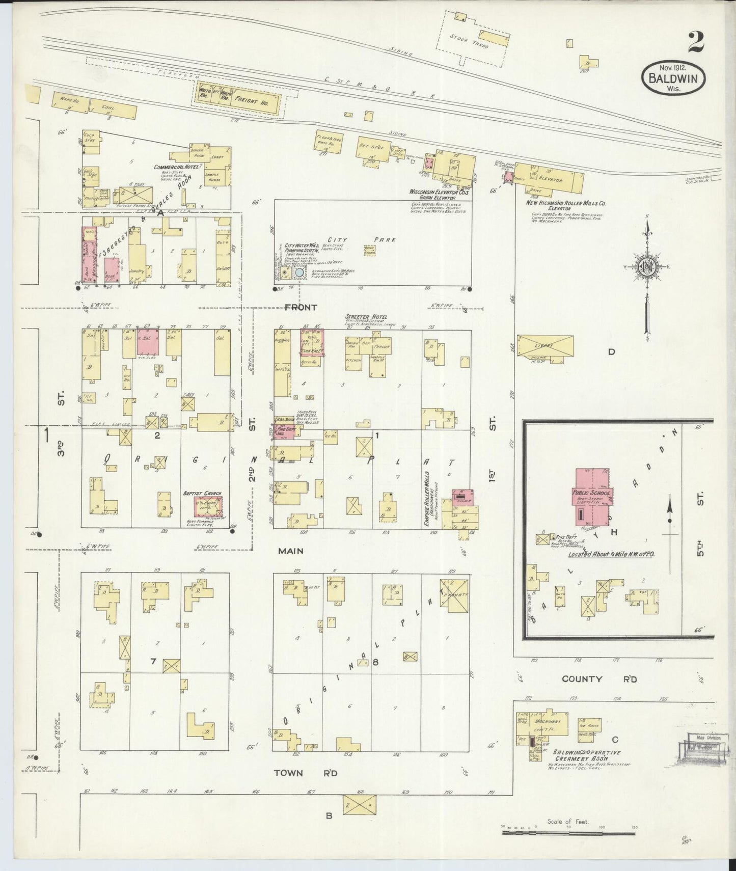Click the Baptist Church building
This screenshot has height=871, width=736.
point(208,507)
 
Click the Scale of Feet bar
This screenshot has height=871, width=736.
point(568,833)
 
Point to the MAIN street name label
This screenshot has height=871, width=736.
point(291,551)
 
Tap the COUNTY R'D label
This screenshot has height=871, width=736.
point(599,679)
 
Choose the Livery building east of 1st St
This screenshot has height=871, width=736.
point(546,346)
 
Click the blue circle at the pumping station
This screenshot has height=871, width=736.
point(299,273)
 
